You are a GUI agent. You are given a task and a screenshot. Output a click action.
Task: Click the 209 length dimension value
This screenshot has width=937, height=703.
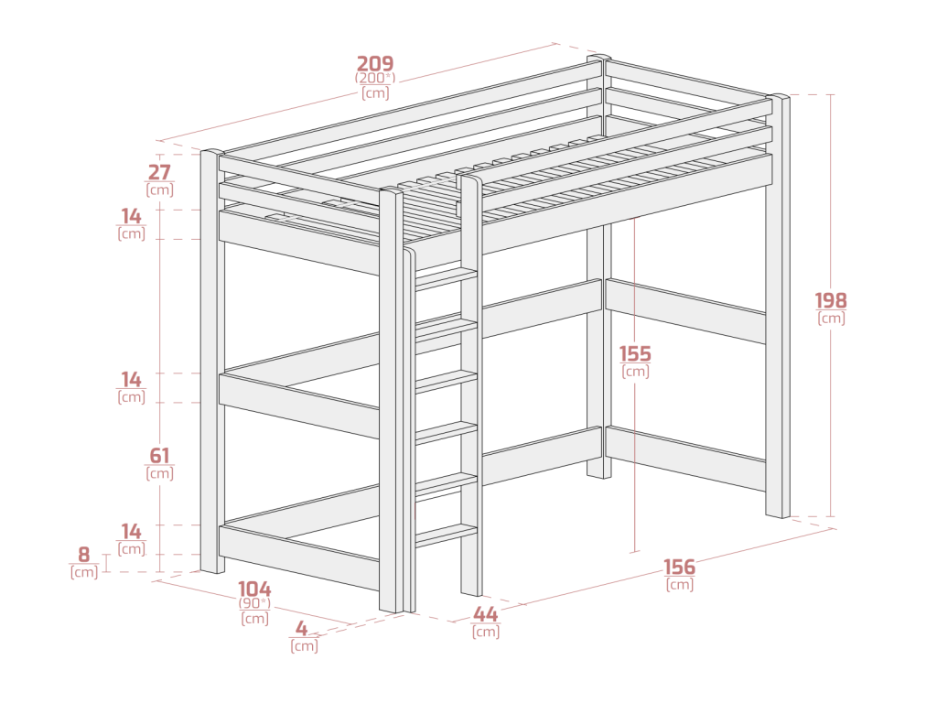point(375,63)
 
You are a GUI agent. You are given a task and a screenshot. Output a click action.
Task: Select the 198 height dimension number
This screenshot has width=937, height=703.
point(831,300)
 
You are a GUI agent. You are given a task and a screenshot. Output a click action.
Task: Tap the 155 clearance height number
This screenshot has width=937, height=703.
point(635,353)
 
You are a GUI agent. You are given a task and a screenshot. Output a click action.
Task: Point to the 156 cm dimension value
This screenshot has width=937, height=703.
point(680,567)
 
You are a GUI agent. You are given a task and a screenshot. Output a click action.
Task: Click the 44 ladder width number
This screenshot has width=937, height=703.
point(485,614)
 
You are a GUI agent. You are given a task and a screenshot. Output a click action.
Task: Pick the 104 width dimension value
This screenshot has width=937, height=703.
point(254,589)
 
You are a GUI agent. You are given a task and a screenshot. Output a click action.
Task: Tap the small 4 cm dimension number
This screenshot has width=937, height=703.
point(302,629)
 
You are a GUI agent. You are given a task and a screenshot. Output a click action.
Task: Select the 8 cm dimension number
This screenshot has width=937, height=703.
point(83,555)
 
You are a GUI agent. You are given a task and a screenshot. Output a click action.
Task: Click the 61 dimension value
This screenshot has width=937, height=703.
point(159,456)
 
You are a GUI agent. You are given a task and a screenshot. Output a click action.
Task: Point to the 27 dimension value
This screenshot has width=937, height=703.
point(159,172)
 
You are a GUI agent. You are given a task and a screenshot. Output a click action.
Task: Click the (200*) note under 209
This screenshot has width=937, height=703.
point(375,79)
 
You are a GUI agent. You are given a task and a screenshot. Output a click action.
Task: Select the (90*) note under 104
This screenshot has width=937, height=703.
point(254,603)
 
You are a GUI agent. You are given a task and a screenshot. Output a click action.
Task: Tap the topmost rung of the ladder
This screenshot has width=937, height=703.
point(446,278)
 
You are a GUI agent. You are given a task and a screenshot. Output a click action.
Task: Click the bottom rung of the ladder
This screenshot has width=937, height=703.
point(446,535)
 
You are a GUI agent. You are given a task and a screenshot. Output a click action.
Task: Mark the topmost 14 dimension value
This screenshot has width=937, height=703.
point(132,216)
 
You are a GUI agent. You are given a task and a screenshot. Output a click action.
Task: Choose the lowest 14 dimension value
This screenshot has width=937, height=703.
point(132,532)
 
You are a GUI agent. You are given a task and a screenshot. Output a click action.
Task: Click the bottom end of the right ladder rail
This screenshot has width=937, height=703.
point(471,592)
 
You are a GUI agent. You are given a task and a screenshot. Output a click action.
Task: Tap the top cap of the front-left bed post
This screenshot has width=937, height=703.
point(212,153)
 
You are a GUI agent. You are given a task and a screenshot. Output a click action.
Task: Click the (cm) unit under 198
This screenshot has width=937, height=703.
point(831,318)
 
